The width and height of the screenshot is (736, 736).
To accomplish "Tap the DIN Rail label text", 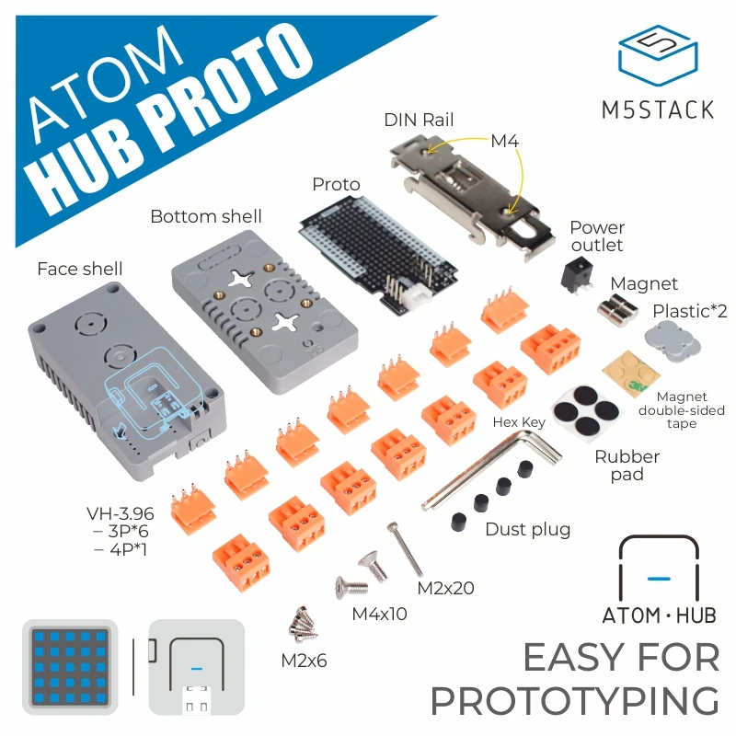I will [x=419, y=120].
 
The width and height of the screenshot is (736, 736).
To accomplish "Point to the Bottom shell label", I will [x=206, y=217].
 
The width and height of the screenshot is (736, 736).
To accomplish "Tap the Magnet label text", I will [x=644, y=284].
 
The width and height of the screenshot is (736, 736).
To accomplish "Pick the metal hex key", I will [x=497, y=469].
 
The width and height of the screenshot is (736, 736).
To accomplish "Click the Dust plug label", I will [x=527, y=529].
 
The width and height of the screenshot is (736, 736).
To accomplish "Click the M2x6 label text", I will [x=304, y=660].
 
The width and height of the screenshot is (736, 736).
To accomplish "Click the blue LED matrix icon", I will [x=70, y=667].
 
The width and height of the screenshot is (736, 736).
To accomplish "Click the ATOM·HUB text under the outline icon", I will [x=658, y=615].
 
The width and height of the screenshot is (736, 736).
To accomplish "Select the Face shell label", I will [x=79, y=269].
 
